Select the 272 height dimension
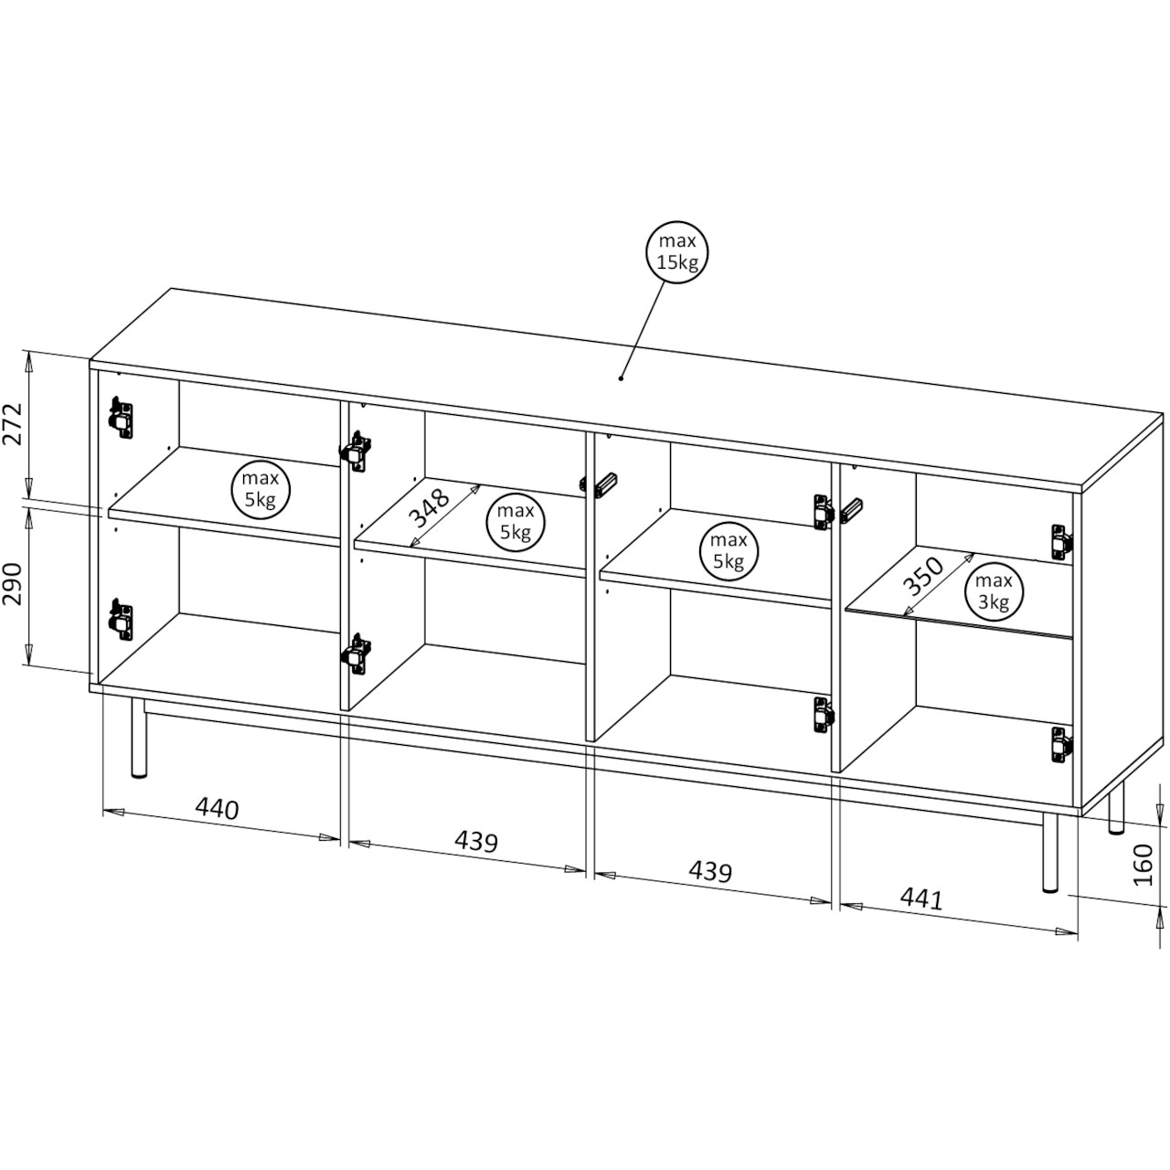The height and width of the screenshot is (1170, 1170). (x=14, y=424)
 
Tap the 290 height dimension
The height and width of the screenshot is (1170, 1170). (x=14, y=584)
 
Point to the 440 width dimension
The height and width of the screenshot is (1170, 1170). (x=217, y=809)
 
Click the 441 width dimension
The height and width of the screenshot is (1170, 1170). (x=921, y=899)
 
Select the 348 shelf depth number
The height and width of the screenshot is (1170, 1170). (x=430, y=506)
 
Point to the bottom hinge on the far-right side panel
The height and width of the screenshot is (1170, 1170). (x=1060, y=744)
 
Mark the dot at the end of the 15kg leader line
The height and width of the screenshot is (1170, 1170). (x=622, y=378)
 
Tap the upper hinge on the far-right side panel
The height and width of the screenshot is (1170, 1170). (x=1060, y=542)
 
